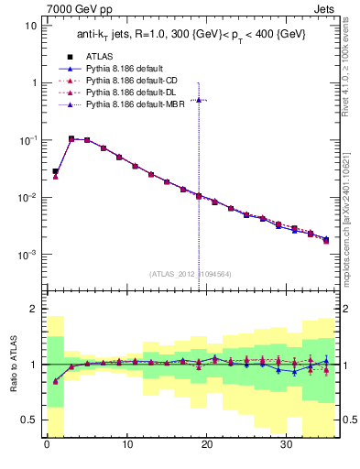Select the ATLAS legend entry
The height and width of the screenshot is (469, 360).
[102, 57]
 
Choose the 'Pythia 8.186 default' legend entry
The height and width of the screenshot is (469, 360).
[123, 69]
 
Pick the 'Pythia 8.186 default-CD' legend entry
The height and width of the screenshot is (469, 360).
[128, 81]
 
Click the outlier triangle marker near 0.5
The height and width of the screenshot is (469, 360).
[199, 99]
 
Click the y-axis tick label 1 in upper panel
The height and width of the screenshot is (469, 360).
[34, 82]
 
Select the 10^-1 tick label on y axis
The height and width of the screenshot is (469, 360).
[28, 140]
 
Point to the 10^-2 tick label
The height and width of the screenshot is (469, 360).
[28, 198]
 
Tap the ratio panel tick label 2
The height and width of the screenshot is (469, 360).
[34, 310]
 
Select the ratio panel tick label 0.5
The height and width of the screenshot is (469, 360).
[29, 420]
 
